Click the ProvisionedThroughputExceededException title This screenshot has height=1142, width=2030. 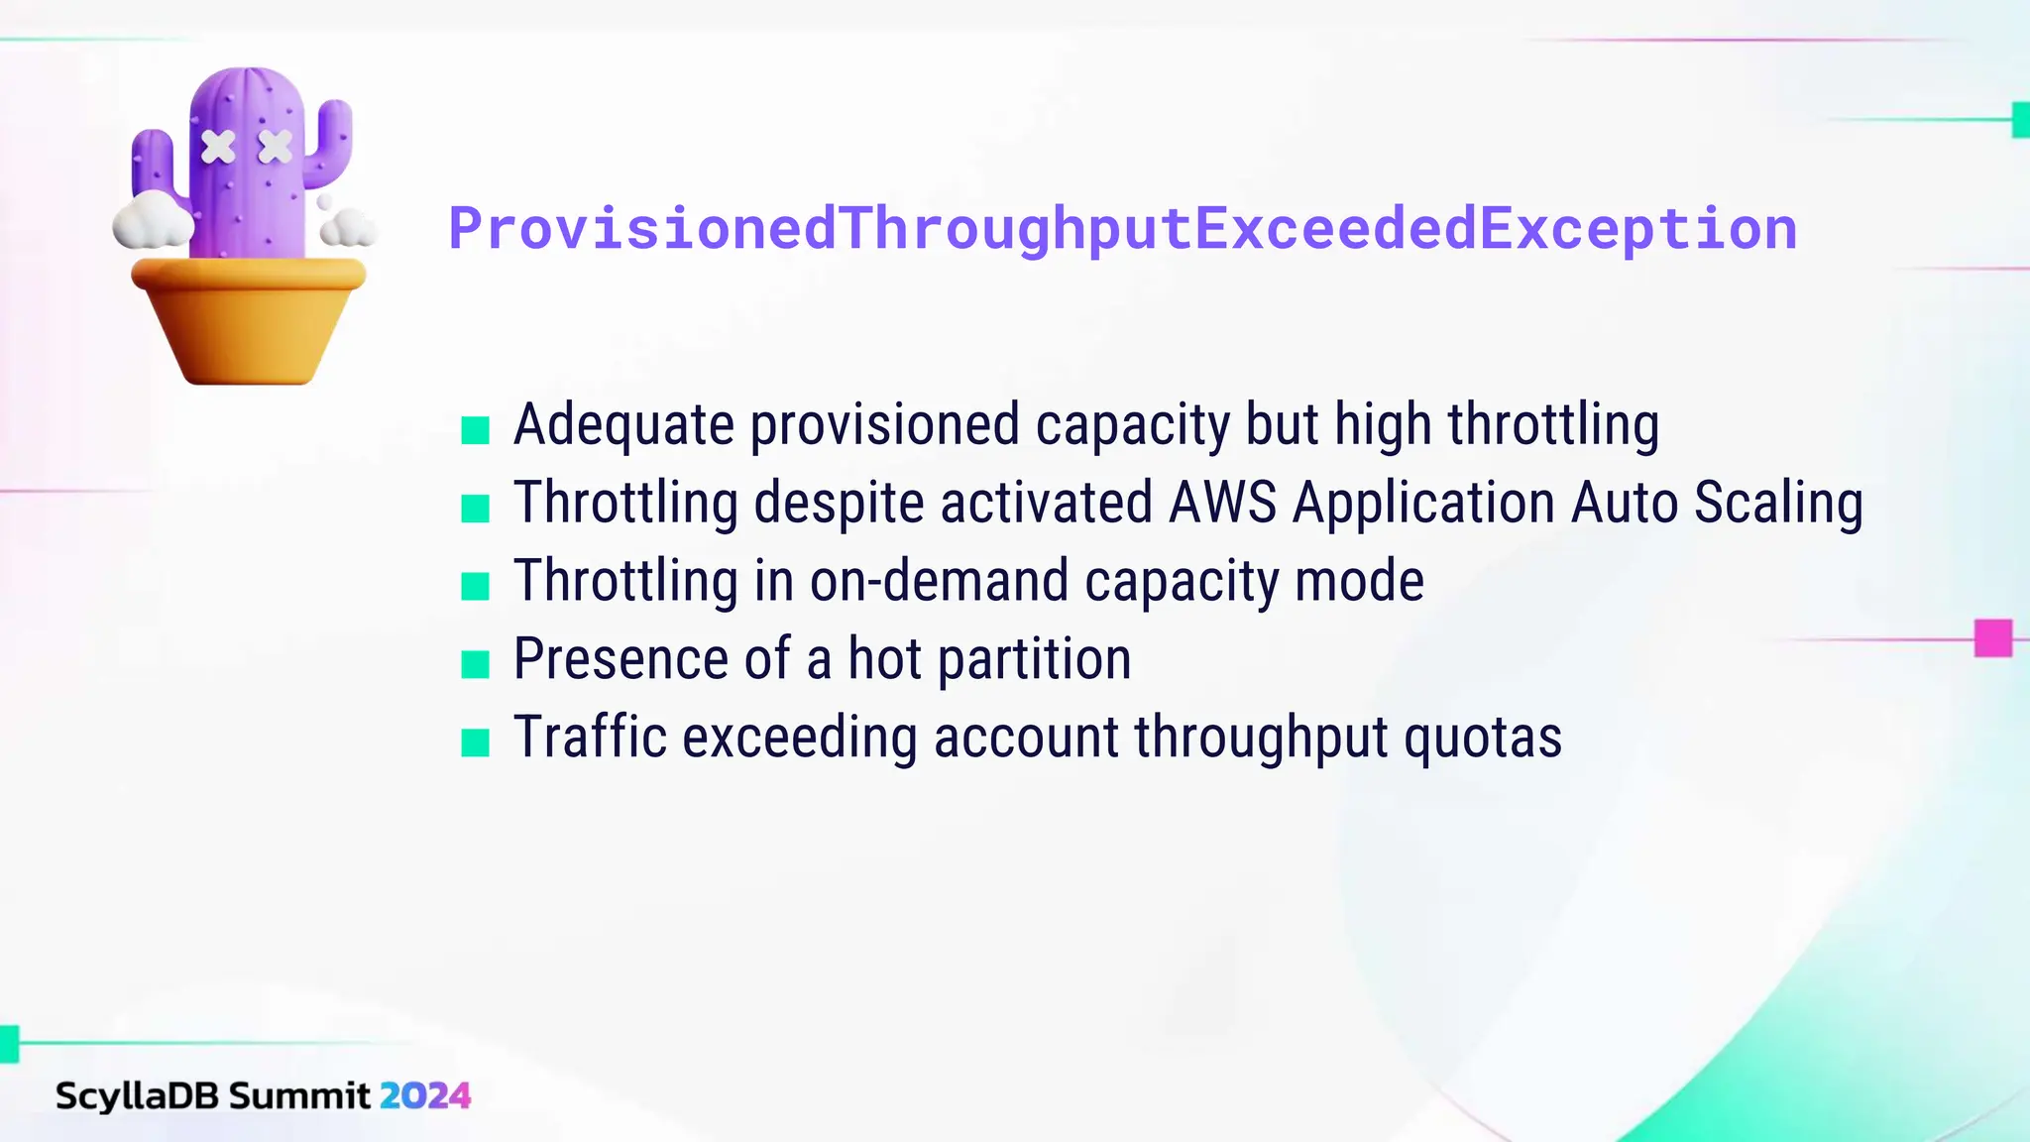click(1122, 229)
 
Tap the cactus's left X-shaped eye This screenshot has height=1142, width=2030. click(218, 147)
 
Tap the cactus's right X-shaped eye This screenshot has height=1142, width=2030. click(276, 147)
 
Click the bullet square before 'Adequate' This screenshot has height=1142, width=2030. click(476, 430)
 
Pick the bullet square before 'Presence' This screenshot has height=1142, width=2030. click(476, 664)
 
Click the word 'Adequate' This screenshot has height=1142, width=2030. click(623, 425)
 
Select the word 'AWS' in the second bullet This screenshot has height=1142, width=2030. click(1223, 503)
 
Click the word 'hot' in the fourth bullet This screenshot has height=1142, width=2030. click(885, 659)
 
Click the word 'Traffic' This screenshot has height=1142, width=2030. click(590, 738)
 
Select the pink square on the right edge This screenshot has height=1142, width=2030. click(1992, 638)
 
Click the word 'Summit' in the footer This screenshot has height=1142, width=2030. click(299, 1095)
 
